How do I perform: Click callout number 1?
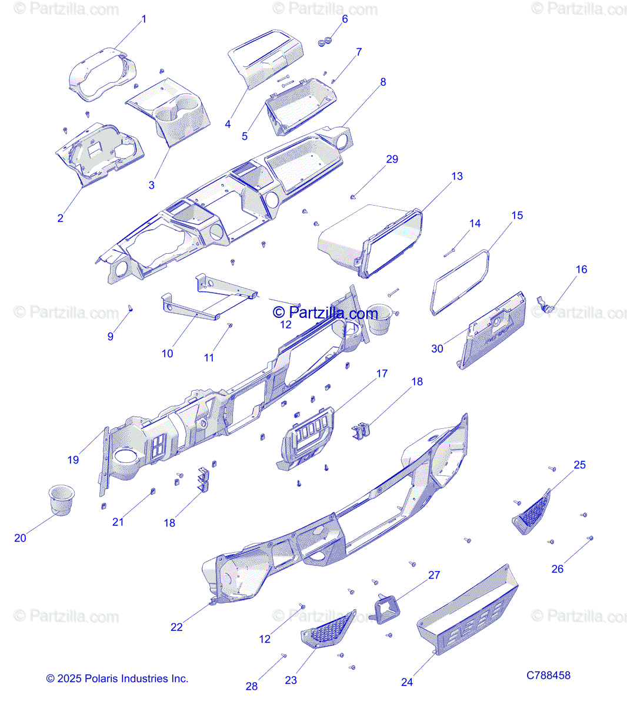pos(144,19)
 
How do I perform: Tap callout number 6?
pos(345,19)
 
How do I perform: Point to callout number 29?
pos(392,159)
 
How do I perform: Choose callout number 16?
pos(581,270)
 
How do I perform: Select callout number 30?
pos(437,348)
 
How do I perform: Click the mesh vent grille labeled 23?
pos(327,629)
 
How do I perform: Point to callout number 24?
pos(407,682)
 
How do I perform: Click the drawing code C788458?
pos(548,676)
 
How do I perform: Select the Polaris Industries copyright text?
pos(118,679)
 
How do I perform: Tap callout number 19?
pos(73,460)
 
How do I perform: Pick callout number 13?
pos(457,176)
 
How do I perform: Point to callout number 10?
pos(168,354)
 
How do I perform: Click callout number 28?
pos(252,686)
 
